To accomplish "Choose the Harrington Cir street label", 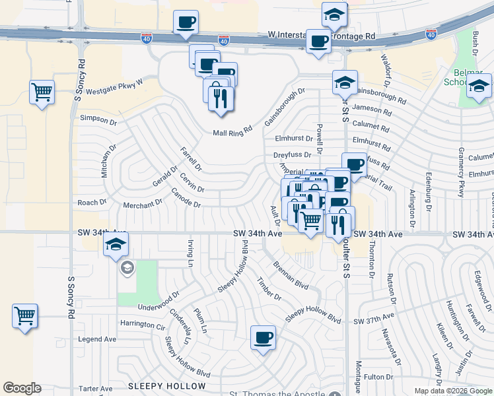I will click(143, 325).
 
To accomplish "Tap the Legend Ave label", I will click(97, 339).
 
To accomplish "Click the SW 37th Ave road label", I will click(373, 321).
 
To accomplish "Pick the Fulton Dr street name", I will click(378, 377).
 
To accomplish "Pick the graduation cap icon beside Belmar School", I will click(479, 86).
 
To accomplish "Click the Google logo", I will click(22, 388).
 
